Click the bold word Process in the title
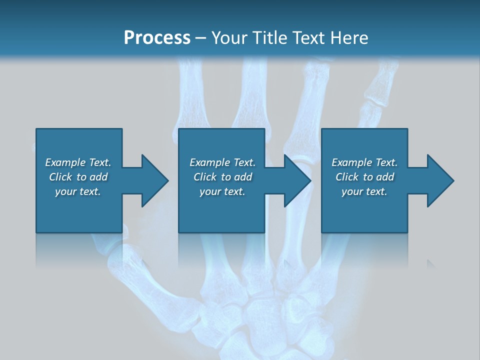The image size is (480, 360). coord(157,37)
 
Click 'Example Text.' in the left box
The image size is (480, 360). coord(78,162)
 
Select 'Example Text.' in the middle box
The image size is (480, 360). coord(222,162)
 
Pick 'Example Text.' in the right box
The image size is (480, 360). coord(364,162)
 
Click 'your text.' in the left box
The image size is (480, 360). coord(78,191)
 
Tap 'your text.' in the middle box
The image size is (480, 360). coord(222,191)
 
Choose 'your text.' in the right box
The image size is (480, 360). coord(364,191)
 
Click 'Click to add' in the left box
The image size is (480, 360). coord(78,177)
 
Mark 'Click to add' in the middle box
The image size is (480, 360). coord(222,177)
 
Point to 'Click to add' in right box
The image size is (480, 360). coord(364,177)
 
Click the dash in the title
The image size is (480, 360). coord(201,38)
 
